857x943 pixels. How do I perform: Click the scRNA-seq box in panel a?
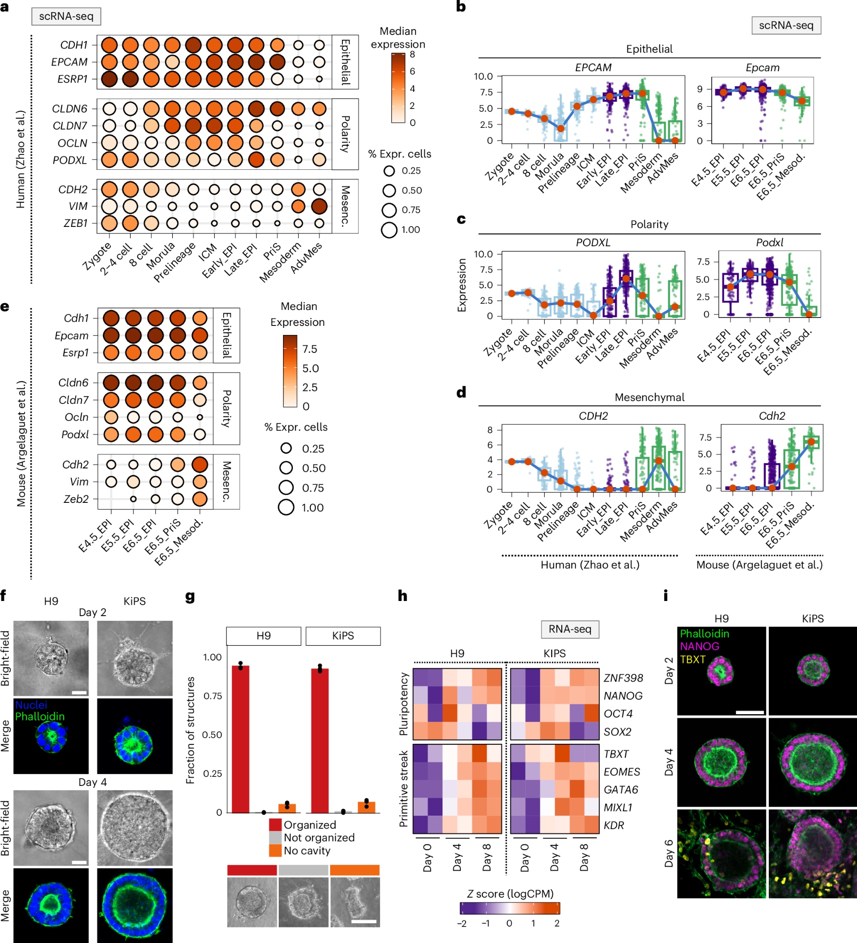66,17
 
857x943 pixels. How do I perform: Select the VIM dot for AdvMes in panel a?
319,206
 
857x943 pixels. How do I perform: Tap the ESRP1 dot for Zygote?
109,79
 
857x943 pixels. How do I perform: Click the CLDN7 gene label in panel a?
70,126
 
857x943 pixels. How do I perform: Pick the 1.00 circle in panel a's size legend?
389,230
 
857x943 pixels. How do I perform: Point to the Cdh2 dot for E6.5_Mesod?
200,464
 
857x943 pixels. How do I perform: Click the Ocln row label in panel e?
76,417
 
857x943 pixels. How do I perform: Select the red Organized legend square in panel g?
275,825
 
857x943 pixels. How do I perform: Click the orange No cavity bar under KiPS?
366,807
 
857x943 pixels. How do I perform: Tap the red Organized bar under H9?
241,739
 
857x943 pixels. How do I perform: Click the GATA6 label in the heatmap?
621,789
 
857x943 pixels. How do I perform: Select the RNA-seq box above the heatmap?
570,629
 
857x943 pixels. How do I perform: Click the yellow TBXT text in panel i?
692,659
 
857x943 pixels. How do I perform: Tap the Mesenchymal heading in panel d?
649,397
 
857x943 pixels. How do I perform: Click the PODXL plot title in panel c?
593,242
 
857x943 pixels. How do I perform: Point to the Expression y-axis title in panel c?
462,285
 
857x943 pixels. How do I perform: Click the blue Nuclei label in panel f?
31,705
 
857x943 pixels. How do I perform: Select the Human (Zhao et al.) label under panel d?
590,565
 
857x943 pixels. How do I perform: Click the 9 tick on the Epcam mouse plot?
700,89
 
